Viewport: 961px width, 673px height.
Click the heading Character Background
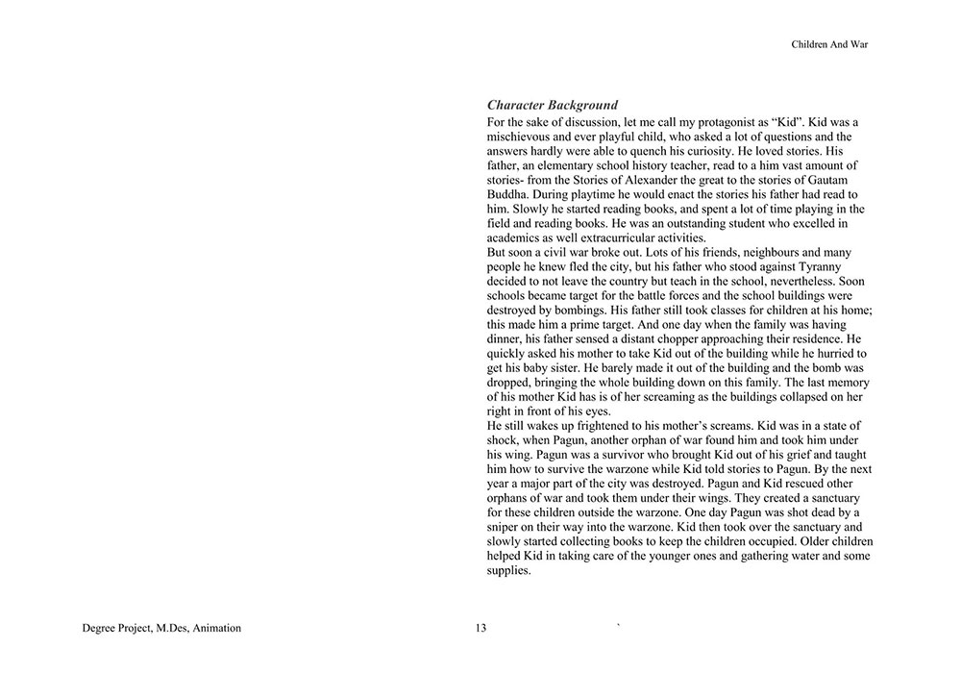coord(552,105)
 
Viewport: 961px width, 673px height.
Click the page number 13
coord(480,629)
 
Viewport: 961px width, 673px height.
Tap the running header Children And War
coord(829,44)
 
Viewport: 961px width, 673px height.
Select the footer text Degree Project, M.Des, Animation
coord(161,629)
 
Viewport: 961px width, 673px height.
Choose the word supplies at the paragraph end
coord(508,570)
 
